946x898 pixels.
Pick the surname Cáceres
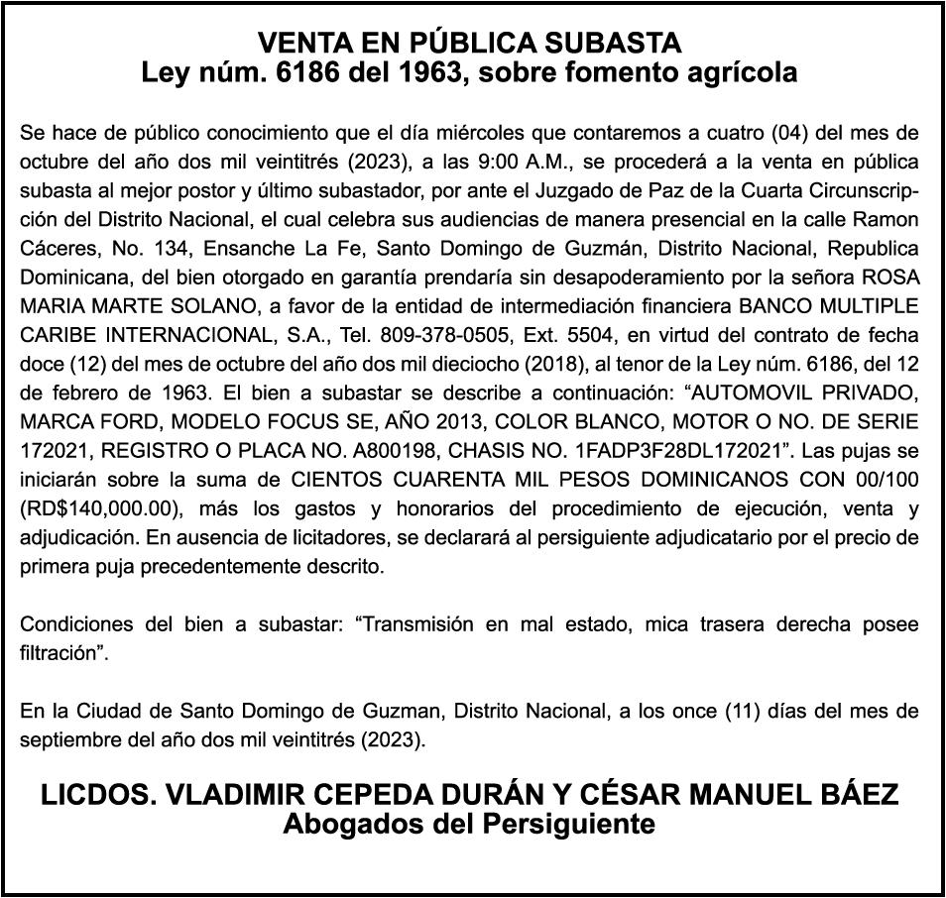click(55, 248)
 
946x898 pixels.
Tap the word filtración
click(61, 655)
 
